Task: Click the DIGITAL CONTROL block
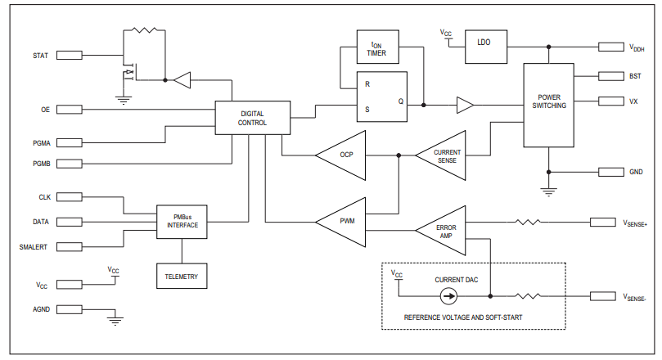coord(252,118)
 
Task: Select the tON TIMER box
coord(376,49)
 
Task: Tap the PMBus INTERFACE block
coord(182,221)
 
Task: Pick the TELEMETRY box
coord(182,277)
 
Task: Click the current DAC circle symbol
coord(448,296)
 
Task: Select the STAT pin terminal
coord(69,56)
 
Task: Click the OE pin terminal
coord(69,109)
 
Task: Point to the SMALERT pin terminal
coord(69,247)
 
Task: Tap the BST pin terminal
coord(612,75)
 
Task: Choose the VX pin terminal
coord(612,101)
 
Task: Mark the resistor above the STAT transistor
coord(144,30)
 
